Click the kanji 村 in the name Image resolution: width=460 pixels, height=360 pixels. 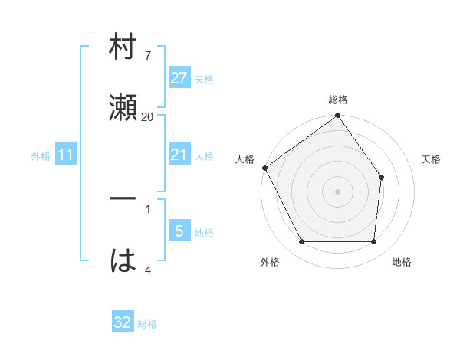click(x=123, y=47)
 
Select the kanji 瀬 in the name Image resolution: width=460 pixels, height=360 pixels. click(x=123, y=106)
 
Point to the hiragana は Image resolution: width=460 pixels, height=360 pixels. click(x=123, y=260)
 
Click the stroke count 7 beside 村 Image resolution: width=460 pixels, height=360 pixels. click(x=147, y=56)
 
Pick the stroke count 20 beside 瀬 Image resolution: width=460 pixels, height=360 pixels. click(x=148, y=116)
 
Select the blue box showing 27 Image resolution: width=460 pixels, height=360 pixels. click(x=179, y=78)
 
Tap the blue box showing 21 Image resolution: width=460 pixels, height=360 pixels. click(x=179, y=155)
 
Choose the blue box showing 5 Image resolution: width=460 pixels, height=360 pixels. click(x=179, y=231)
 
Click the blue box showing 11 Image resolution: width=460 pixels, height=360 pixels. click(x=66, y=155)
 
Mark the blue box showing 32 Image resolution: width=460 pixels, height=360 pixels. click(x=123, y=322)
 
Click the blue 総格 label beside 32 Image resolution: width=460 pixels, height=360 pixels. click(x=147, y=324)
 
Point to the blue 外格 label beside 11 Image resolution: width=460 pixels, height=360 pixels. click(x=41, y=156)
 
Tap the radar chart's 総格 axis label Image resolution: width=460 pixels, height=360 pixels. click(x=338, y=100)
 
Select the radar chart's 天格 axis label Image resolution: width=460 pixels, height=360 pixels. click(x=432, y=159)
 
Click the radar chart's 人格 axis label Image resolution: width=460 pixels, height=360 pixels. click(x=245, y=159)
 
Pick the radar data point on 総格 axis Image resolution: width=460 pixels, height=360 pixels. click(x=338, y=116)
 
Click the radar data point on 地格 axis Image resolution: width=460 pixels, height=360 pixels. click(x=374, y=242)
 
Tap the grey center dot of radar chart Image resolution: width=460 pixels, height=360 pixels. click(x=338, y=191)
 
